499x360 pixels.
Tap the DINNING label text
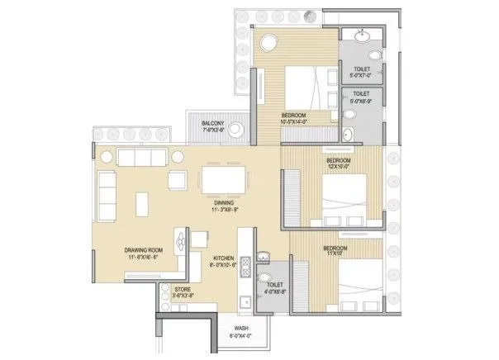tap(223, 203)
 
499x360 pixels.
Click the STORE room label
tap(183, 290)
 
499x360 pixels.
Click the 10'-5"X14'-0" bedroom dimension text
tap(294, 121)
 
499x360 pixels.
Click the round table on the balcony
tap(235, 129)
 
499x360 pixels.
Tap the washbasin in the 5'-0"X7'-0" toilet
tap(361, 36)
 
